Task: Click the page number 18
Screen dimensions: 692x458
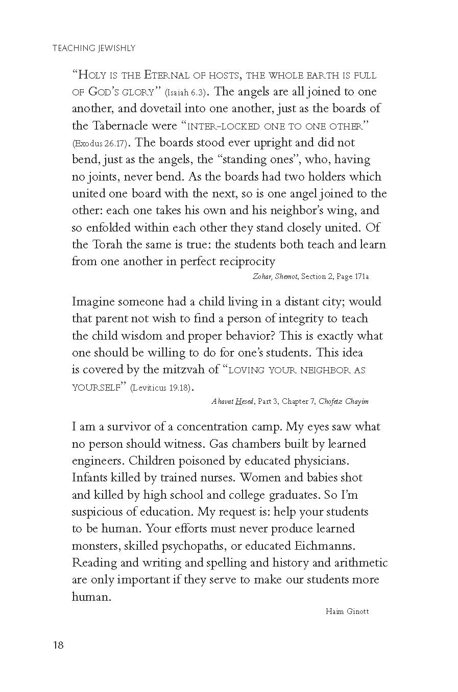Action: (x=58, y=645)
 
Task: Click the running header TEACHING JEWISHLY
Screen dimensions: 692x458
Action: (x=94, y=48)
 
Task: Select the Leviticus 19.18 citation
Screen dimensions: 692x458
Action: (x=160, y=388)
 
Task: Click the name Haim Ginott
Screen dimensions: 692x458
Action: (x=347, y=611)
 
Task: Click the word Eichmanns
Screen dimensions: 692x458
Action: (x=325, y=546)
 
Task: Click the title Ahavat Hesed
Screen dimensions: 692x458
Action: (x=232, y=401)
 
